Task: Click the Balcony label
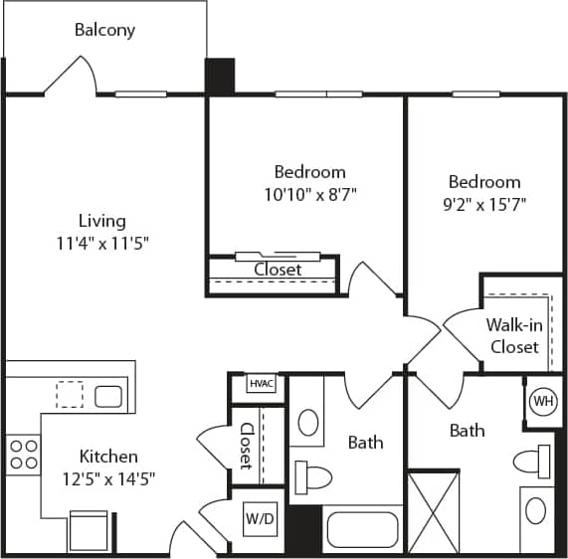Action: click(104, 30)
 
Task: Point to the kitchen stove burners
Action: click(23, 455)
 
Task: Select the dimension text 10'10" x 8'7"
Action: click(309, 194)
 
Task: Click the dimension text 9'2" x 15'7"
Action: click(483, 204)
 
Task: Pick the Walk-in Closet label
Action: click(512, 336)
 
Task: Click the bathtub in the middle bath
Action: click(363, 529)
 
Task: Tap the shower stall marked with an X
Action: click(434, 511)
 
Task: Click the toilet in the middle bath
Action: click(315, 477)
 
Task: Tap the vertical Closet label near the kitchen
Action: click(246, 446)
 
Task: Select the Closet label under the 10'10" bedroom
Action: click(278, 270)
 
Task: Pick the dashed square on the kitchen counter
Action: click(70, 394)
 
